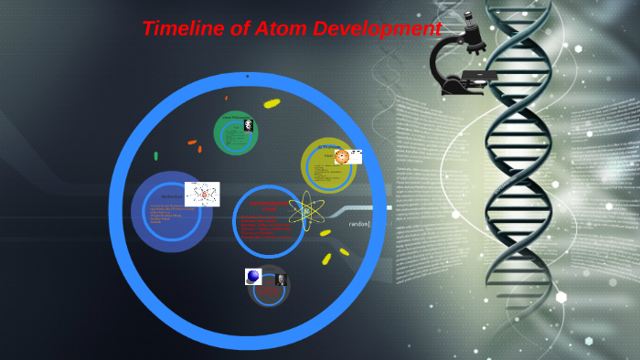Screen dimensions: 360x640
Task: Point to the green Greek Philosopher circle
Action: [x=235, y=133]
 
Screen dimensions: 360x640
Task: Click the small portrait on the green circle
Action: [x=249, y=126]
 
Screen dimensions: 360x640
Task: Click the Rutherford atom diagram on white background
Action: [x=201, y=194]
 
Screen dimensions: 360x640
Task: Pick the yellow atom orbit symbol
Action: [x=307, y=212]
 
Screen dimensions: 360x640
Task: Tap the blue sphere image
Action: [x=253, y=276]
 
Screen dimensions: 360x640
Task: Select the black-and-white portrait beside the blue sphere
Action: [x=280, y=280]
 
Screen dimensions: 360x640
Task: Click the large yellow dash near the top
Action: [x=272, y=103]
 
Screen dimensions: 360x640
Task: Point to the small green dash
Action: [x=155, y=156]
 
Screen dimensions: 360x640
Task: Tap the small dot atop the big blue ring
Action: [x=247, y=77]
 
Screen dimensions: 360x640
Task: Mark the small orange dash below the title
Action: [x=226, y=97]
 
